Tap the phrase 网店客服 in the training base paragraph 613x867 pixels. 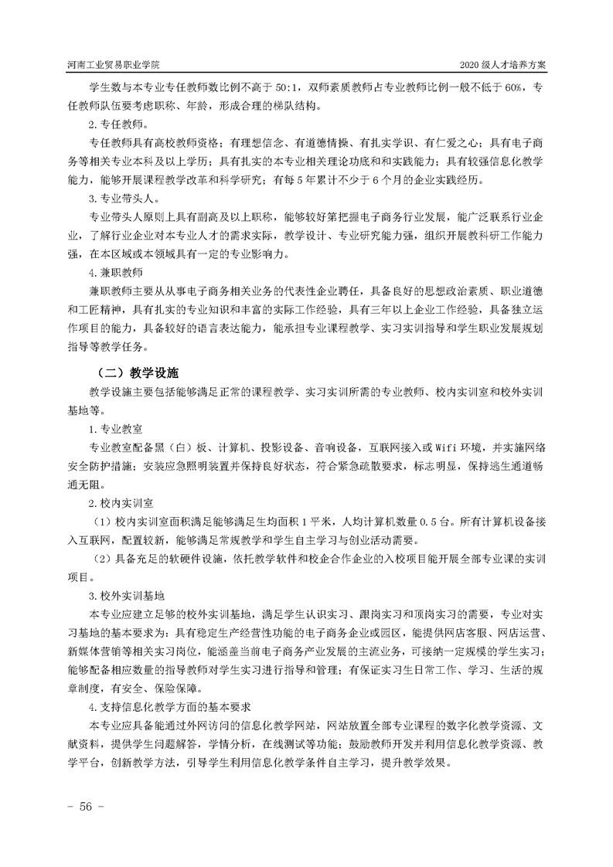(470, 632)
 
